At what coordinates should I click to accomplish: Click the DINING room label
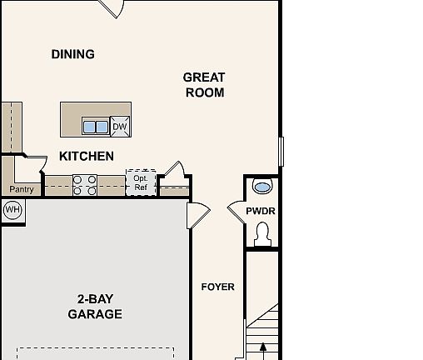(73, 54)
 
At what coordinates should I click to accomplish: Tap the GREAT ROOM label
(204, 85)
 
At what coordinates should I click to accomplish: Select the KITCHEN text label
(87, 156)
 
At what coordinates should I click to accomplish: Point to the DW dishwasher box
(120, 127)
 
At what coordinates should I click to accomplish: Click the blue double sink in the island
(95, 127)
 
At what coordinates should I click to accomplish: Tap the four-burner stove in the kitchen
(85, 185)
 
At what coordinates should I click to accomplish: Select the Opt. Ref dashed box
(140, 183)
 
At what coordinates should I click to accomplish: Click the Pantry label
(21, 189)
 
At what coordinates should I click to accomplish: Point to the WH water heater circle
(12, 209)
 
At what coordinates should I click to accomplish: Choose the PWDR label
(260, 212)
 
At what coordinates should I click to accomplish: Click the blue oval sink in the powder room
(261, 187)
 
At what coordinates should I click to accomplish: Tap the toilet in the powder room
(263, 237)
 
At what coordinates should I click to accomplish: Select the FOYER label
(218, 287)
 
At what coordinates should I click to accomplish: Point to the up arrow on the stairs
(264, 348)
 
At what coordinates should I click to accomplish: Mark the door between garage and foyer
(198, 217)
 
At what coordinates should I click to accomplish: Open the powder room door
(236, 212)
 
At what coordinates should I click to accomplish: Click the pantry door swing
(35, 162)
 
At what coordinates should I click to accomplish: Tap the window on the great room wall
(281, 151)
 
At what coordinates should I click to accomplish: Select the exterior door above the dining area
(111, 8)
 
